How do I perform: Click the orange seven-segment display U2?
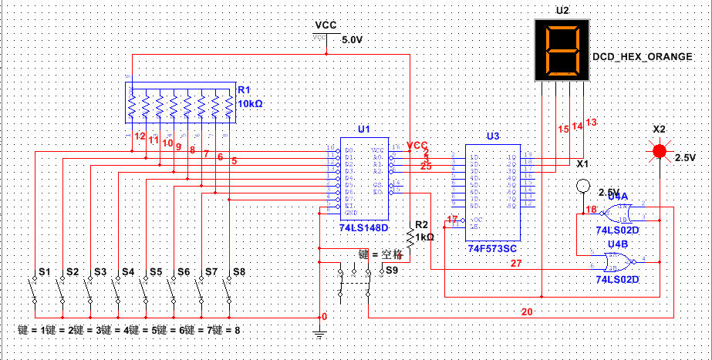[x=562, y=52]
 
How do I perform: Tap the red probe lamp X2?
[x=660, y=150]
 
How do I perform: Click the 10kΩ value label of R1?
[x=250, y=103]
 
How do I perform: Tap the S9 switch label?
[x=392, y=271]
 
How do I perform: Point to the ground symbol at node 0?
[x=319, y=332]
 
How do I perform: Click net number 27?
[x=515, y=263]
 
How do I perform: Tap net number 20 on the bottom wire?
[x=527, y=312]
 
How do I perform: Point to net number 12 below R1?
[x=140, y=136]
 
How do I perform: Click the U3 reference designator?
[x=493, y=136]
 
